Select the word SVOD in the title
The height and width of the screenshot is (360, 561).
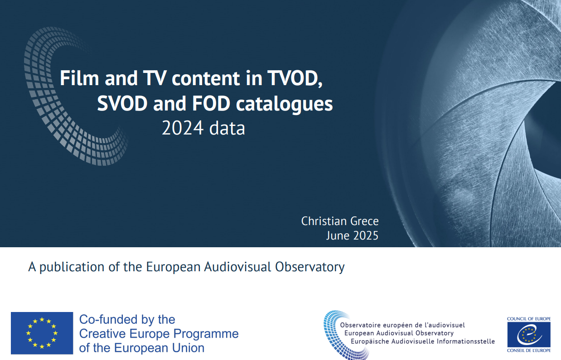(x=122, y=104)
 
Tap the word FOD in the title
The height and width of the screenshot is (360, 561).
(x=211, y=104)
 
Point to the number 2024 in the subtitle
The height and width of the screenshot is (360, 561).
(x=182, y=128)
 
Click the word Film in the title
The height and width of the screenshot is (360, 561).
(x=79, y=78)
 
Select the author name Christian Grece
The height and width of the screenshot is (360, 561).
(x=340, y=221)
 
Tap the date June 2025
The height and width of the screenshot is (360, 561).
(x=352, y=235)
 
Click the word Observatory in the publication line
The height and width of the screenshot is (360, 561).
(x=310, y=267)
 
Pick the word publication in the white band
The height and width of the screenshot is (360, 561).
(x=72, y=267)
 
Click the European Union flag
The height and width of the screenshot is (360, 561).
(x=42, y=333)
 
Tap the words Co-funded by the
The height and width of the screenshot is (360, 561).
(x=127, y=320)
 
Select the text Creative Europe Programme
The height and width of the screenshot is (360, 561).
(x=159, y=334)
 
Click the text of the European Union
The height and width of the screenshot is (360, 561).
(x=142, y=348)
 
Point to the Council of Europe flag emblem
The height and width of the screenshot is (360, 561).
(x=529, y=335)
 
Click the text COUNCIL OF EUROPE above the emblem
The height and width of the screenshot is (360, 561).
(x=529, y=319)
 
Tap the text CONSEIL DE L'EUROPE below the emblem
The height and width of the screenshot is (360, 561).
(x=529, y=350)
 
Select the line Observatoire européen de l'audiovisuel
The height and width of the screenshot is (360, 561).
(x=402, y=325)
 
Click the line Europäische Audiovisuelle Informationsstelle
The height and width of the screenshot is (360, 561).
(x=423, y=341)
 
